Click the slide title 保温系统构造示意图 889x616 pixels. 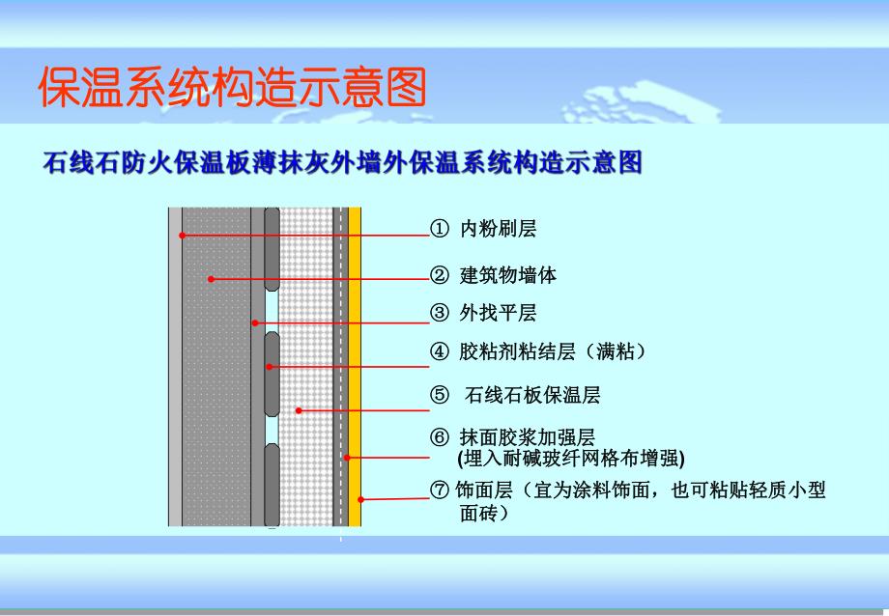pyautogui.click(x=232, y=89)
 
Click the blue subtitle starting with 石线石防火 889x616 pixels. pyautogui.click(x=342, y=162)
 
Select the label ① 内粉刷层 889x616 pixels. pyautogui.click(x=483, y=229)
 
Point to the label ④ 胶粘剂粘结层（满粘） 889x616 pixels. pyautogui.click(x=537, y=351)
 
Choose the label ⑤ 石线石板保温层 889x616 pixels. pyautogui.click(x=517, y=395)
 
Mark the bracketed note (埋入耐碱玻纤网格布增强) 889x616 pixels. pyautogui.click(x=570, y=457)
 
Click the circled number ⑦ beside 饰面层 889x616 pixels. pyautogui.click(x=440, y=490)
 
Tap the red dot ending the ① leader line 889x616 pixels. pyautogui.click(x=181, y=235)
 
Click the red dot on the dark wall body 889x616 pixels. pyautogui.click(x=210, y=279)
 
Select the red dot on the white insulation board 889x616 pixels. pyautogui.click(x=299, y=410)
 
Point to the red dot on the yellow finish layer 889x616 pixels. pyautogui.click(x=359, y=498)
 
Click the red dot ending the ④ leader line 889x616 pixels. pyautogui.click(x=271, y=366)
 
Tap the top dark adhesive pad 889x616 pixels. pyautogui.click(x=272, y=249)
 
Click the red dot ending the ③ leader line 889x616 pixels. pyautogui.click(x=255, y=322)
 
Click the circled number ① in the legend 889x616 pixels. pyautogui.click(x=440, y=229)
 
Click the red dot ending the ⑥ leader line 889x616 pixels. pyautogui.click(x=347, y=457)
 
